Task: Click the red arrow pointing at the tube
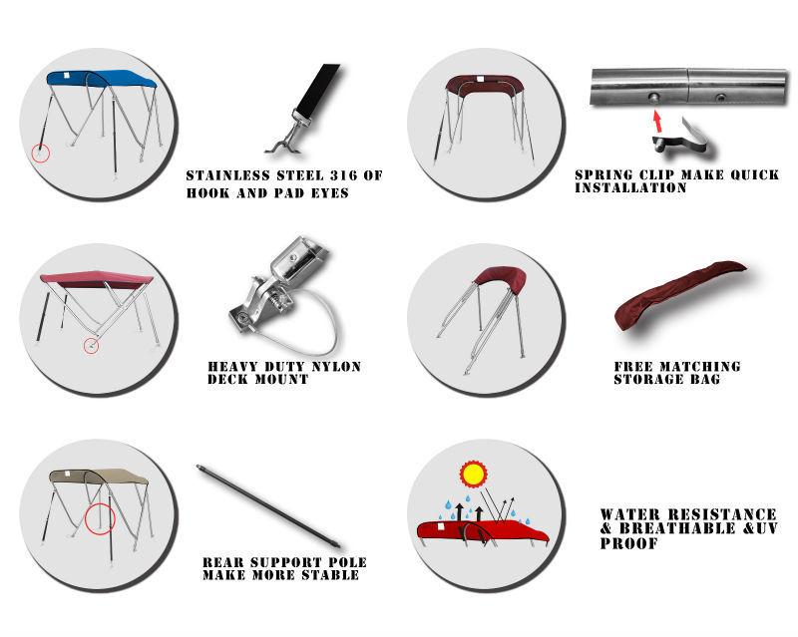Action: [x=657, y=122]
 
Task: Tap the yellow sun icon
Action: [x=473, y=475]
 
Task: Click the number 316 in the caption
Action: [x=343, y=175]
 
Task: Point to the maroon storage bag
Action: [x=679, y=294]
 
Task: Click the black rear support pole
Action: [x=269, y=506]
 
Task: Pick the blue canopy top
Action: [x=102, y=79]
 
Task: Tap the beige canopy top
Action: [x=99, y=478]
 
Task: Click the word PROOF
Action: [x=629, y=543]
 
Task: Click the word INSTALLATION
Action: [x=631, y=187]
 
